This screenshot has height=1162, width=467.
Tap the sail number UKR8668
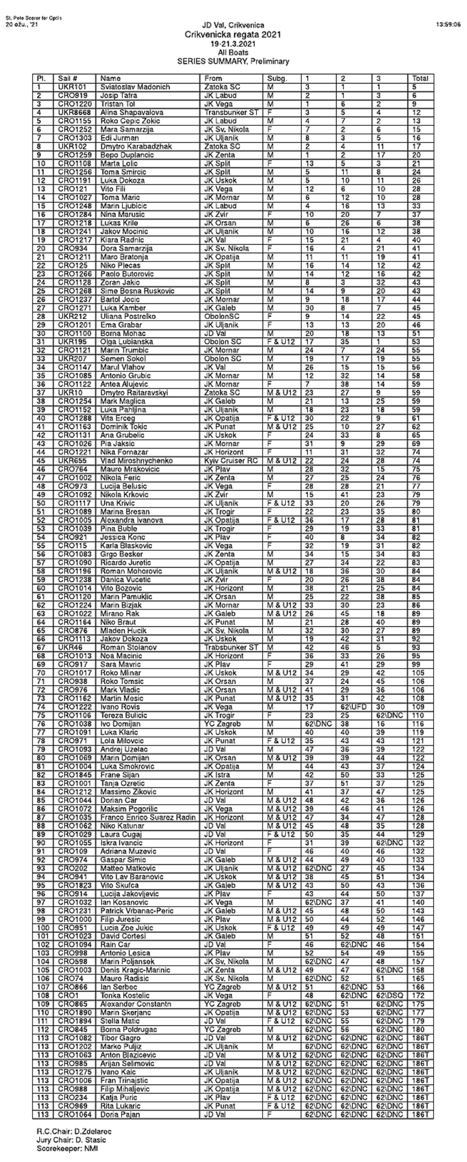click(x=74, y=113)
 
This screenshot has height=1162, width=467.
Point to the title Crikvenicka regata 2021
click(x=233, y=35)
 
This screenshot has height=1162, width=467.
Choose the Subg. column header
click(x=277, y=78)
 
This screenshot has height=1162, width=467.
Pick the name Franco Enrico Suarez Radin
click(x=148, y=818)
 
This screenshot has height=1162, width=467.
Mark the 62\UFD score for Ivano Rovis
click(x=353, y=707)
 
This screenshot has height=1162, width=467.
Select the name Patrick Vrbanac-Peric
click(x=137, y=911)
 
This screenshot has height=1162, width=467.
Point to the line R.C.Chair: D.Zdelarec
click(x=74, y=1132)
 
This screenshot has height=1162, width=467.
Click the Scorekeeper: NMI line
click(x=67, y=1149)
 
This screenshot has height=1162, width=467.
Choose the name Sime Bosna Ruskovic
click(x=137, y=291)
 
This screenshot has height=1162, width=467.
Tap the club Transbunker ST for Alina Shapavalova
click(x=231, y=113)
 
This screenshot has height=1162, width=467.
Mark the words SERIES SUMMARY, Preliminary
click(x=233, y=61)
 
